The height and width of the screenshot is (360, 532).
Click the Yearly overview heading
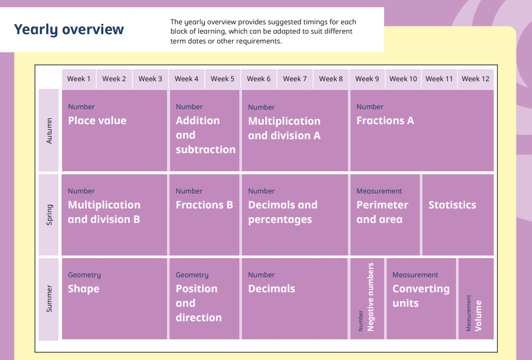point(69,29)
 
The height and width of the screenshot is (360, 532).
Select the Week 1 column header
point(79,79)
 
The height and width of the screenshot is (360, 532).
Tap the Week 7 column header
point(295,79)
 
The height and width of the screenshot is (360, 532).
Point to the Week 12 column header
point(475,79)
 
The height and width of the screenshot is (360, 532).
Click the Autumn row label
point(49,131)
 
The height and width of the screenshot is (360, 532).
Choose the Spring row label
point(50,215)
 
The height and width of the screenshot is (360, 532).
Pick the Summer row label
point(49,298)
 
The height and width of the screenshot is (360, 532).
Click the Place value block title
point(97,121)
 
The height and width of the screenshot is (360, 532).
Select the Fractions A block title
point(385,121)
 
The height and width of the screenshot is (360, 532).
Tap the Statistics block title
point(452,205)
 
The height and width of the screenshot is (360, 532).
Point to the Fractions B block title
point(204,205)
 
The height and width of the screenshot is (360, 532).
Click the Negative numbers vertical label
point(370,297)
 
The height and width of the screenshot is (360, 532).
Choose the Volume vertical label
point(478,316)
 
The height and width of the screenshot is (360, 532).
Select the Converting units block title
point(421,296)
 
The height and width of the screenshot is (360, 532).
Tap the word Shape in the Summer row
point(83,289)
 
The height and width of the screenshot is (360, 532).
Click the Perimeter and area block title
point(383,212)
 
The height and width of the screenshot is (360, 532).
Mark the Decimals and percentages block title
point(283,212)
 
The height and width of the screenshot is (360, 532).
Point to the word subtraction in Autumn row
point(206,149)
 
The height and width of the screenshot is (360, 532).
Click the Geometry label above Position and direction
point(192,275)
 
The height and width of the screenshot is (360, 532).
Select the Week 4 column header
point(186,79)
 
